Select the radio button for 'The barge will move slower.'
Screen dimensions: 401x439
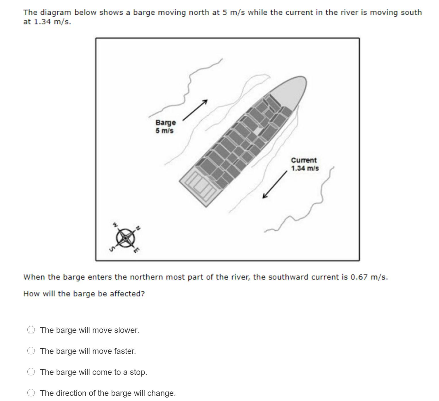click(x=31, y=330)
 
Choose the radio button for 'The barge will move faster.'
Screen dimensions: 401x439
click(x=31, y=351)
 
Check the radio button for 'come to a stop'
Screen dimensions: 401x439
click(x=31, y=372)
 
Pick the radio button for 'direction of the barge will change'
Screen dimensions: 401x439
click(x=31, y=393)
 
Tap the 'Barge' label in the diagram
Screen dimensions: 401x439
click(x=166, y=123)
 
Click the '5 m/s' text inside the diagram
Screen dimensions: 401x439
click(x=165, y=131)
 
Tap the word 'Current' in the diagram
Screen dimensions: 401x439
click(x=304, y=160)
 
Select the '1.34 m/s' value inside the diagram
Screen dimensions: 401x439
click(x=305, y=168)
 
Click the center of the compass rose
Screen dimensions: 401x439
click(x=125, y=238)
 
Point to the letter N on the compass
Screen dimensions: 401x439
click(x=138, y=228)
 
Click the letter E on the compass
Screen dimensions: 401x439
click(x=137, y=250)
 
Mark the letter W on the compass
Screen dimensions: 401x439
click(x=115, y=224)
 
